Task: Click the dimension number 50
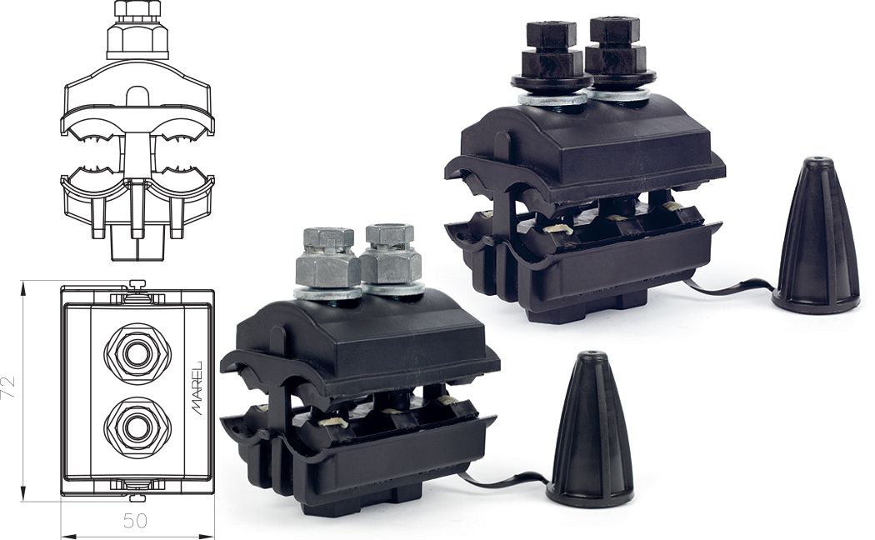(x=135, y=521)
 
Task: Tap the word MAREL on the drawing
(x=197, y=388)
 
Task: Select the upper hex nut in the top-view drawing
(x=137, y=353)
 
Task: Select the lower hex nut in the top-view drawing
(x=137, y=427)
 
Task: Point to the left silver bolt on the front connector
(x=327, y=262)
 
